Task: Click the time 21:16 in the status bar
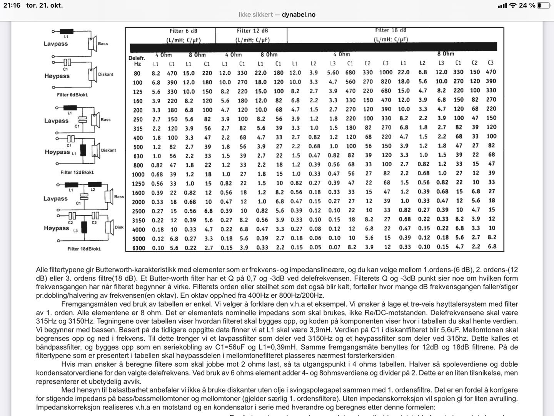tap(12, 5)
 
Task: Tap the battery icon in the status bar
tap(544, 5)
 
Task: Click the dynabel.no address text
tap(299, 15)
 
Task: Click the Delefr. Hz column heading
tap(137, 61)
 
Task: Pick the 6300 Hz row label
tap(138, 248)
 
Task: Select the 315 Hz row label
tap(138, 129)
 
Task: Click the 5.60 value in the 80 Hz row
tap(333, 72)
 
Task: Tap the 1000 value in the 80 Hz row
tap(385, 72)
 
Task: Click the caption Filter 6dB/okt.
tap(72, 95)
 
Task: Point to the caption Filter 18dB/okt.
tap(84, 249)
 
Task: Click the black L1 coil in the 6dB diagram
tap(66, 32)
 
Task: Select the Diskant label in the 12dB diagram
tap(108, 150)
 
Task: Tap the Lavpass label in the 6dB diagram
tap(56, 44)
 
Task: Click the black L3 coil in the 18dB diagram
tap(83, 227)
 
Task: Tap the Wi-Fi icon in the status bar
tap(512, 5)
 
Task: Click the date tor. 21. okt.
tap(44, 5)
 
